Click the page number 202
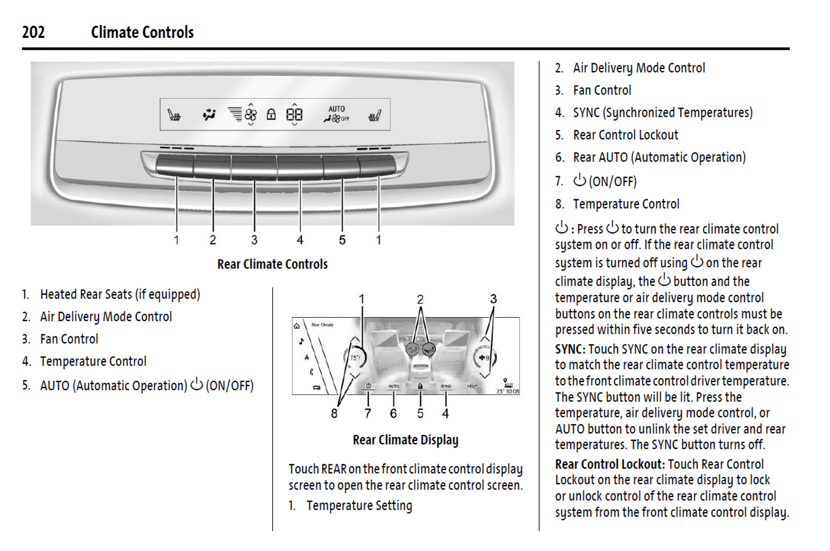tap(33, 32)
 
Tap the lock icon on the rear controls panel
tap(271, 114)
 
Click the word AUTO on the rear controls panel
tap(337, 109)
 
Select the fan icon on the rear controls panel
tap(251, 114)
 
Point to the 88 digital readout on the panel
tap(294, 114)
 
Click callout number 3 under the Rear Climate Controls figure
tap(254, 240)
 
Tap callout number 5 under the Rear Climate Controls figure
tap(342, 240)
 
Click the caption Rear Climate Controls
tap(272, 264)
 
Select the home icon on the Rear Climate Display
tap(297, 326)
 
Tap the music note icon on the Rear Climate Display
tap(302, 341)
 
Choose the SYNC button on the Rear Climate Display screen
tap(446, 386)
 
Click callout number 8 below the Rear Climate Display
tap(334, 414)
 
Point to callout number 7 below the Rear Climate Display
tap(368, 414)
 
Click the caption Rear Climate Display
tap(406, 440)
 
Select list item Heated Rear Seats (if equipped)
tap(120, 294)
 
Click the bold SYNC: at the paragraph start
tap(570, 349)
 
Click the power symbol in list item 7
tap(580, 180)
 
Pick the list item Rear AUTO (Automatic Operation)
tap(659, 157)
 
